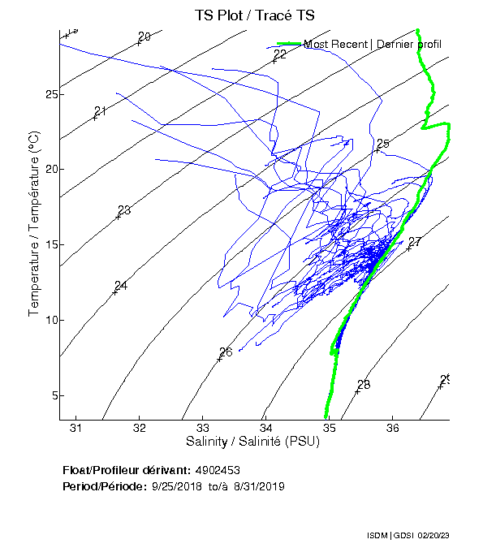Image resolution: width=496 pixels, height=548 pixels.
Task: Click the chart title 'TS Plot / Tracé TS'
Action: pos(254,15)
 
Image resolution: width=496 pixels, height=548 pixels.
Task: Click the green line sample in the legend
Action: pos(289,44)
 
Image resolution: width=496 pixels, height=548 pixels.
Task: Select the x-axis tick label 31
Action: pos(76,428)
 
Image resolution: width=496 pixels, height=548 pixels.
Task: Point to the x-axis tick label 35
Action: pos(329,428)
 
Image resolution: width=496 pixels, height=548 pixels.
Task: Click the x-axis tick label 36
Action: pos(392,428)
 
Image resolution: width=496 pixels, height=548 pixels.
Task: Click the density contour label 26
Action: pos(226,352)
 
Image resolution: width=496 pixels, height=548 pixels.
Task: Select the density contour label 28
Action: pos(364,384)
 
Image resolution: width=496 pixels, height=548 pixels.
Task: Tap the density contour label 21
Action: pos(101,111)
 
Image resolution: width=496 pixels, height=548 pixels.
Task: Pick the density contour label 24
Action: pos(121,286)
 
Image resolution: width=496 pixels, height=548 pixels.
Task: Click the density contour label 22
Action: pos(281,54)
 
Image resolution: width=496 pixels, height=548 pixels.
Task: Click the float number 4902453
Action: pos(218,471)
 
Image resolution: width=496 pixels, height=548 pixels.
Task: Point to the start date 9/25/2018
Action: pos(176,485)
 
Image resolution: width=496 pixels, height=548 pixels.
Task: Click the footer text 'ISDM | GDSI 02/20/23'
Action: pos(408,536)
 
